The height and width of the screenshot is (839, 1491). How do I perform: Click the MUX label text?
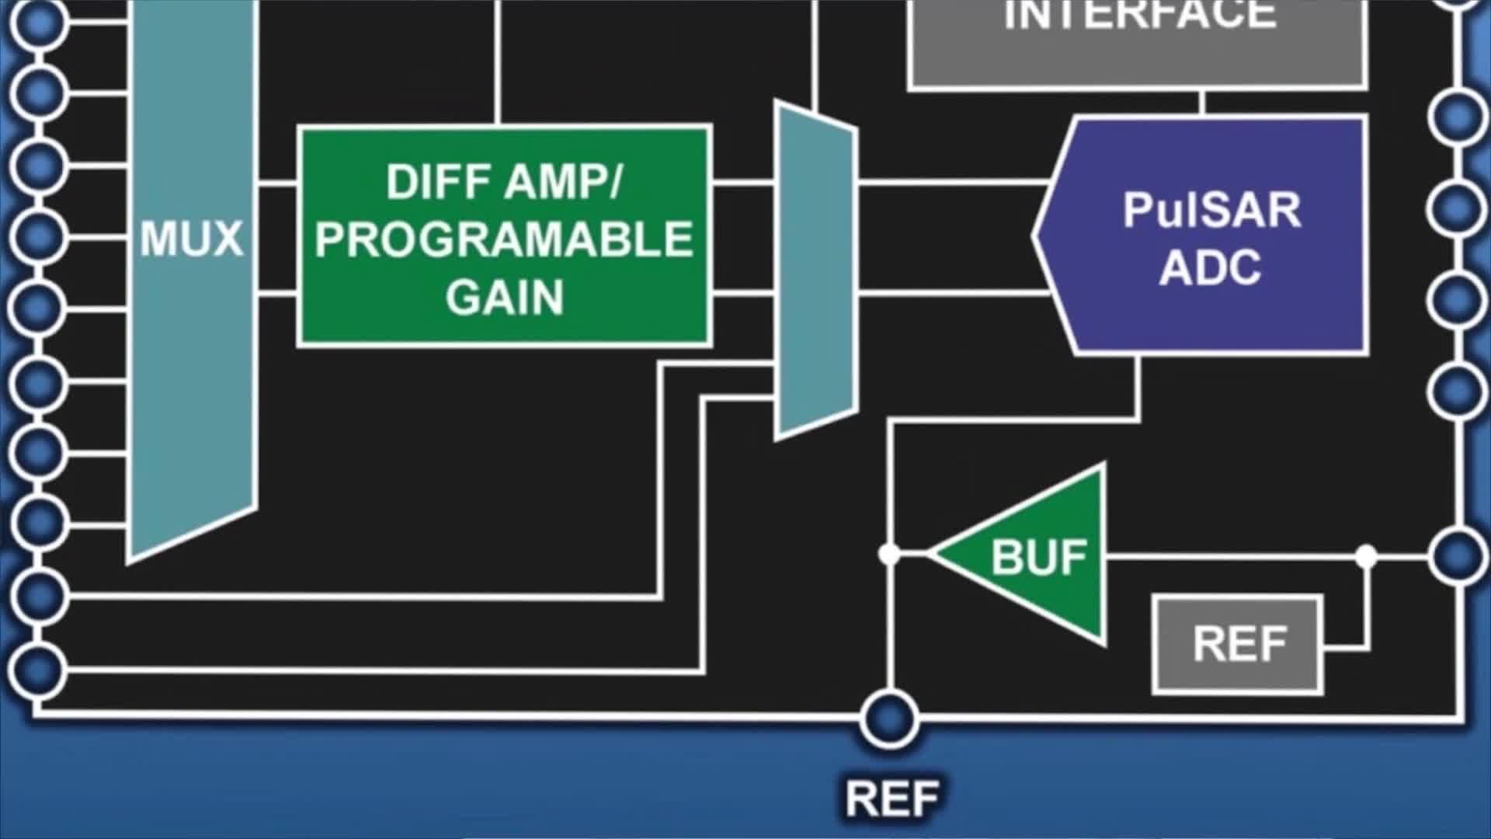191,239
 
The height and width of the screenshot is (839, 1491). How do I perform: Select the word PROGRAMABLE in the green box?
504,239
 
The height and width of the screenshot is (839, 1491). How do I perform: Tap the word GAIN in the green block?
504,298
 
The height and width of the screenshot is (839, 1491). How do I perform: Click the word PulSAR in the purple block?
1211,210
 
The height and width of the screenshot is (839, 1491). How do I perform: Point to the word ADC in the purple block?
1210,268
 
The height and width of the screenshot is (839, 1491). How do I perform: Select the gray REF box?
1238,644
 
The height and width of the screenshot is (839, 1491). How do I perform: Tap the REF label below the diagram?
891,799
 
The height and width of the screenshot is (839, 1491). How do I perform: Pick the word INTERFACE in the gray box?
1140,16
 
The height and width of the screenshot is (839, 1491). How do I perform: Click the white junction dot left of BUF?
889,555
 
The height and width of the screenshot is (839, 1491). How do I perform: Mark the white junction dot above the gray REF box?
1366,556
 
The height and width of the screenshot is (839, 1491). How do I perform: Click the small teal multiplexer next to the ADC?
816,270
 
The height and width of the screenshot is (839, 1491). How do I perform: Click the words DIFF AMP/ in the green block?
504,182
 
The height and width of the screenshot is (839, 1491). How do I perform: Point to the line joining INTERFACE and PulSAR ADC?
1201,103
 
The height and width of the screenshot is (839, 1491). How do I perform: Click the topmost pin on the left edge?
36,19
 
